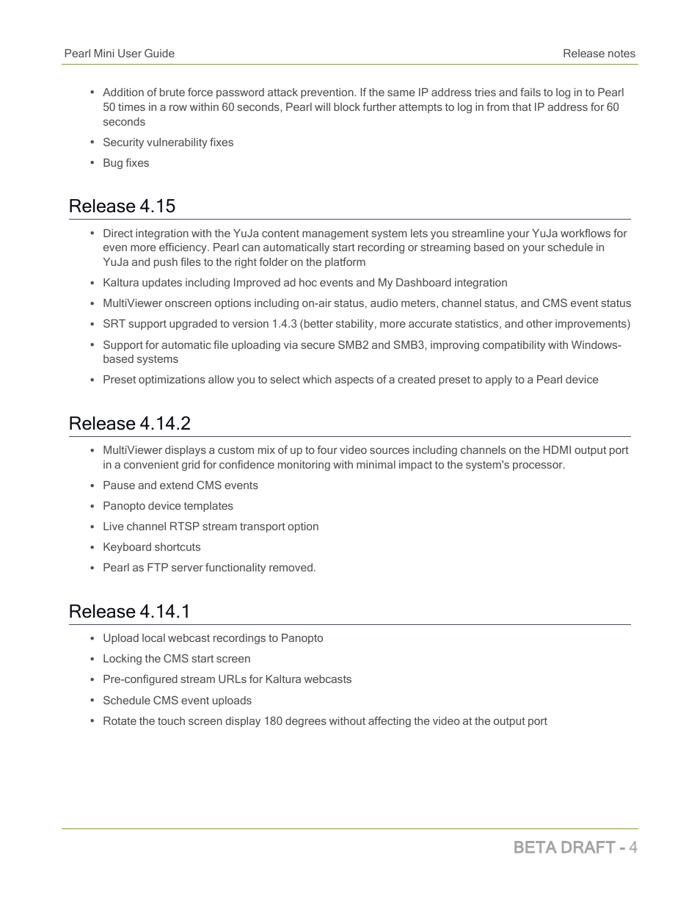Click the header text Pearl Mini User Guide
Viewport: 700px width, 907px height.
pos(119,54)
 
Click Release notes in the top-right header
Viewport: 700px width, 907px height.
pos(599,54)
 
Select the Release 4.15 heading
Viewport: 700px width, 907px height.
pos(122,206)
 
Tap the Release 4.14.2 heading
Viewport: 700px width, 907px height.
pos(129,424)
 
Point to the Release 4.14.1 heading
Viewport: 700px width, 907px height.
pos(129,612)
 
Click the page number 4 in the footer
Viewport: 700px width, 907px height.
pos(632,848)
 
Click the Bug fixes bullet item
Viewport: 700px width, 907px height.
pos(125,163)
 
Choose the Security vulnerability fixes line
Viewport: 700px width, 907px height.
pos(168,142)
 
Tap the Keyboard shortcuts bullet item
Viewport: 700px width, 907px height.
pos(151,547)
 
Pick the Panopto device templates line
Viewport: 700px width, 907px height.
pos(167,506)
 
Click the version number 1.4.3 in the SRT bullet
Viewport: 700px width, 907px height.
pos(281,324)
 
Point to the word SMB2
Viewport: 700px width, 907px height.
pos(353,345)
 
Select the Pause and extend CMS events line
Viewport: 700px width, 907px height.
pos(180,485)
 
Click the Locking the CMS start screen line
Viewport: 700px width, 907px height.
pos(176,659)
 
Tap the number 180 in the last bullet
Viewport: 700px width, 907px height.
pos(273,721)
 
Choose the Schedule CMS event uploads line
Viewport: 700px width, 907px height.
pos(177,701)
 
